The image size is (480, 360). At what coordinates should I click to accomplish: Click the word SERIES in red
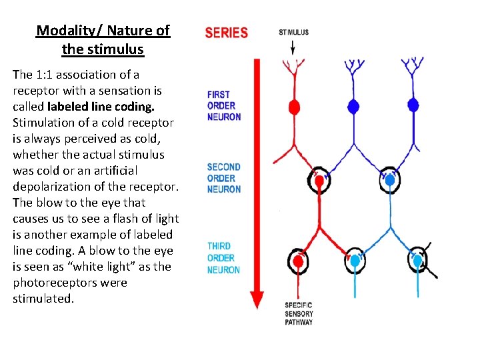coord(226,33)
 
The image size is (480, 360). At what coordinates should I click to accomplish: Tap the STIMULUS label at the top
coord(293,32)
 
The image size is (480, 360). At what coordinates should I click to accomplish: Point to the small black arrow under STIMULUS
coord(293,47)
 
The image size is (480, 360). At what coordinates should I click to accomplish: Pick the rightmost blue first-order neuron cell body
coord(413,105)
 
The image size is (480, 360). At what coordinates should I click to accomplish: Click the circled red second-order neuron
coord(319,180)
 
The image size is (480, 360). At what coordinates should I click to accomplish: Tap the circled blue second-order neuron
coord(391,179)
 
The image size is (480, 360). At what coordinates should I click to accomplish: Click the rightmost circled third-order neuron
coord(418,261)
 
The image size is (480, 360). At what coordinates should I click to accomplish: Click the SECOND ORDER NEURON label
coord(223,178)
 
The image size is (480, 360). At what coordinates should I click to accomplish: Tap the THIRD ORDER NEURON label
coord(223,258)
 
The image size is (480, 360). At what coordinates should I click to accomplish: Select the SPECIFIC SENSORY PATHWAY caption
coord(298,313)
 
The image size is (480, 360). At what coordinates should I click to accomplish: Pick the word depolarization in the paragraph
coord(51,187)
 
